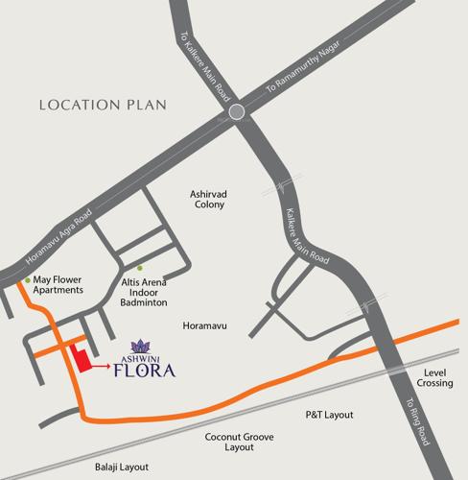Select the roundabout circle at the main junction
point(239,113)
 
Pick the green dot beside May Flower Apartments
point(27,280)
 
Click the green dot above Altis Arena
point(140,268)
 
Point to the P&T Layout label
point(329,415)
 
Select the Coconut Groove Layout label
point(235,441)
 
